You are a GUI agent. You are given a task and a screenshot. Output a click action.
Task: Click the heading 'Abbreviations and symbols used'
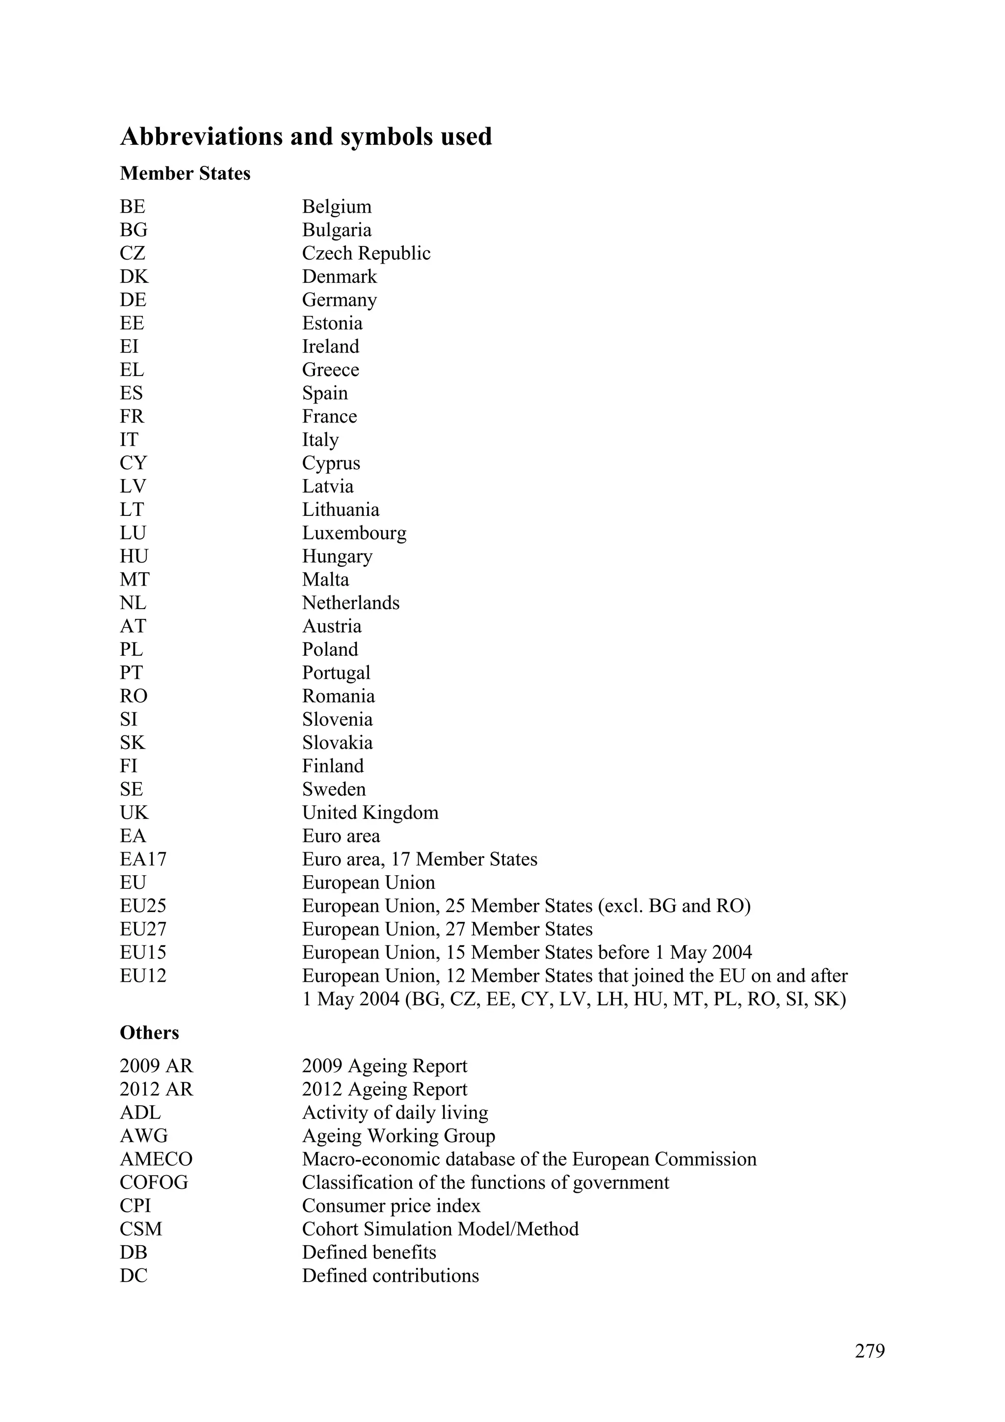click(306, 137)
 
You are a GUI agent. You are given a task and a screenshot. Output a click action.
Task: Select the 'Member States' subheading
click(185, 173)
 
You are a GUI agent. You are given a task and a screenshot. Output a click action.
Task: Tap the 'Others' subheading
click(149, 1032)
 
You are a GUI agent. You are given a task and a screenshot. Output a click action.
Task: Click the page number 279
click(870, 1350)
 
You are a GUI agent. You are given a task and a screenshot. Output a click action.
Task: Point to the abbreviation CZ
click(132, 253)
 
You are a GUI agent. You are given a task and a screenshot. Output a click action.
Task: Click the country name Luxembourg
click(354, 533)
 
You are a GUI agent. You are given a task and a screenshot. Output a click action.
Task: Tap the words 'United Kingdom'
click(370, 812)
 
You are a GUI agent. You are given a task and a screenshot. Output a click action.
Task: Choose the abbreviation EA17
click(143, 859)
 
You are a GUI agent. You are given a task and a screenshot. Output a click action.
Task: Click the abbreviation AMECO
click(156, 1159)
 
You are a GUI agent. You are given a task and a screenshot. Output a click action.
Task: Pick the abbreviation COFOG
click(154, 1182)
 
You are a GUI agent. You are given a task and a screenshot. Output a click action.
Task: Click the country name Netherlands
click(350, 603)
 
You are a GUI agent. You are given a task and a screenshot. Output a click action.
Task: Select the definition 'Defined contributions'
click(390, 1275)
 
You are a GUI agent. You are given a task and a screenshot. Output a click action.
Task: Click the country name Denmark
click(339, 276)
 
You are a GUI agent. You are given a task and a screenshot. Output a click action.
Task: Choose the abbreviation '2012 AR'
click(156, 1089)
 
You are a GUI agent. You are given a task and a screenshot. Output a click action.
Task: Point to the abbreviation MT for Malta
click(134, 580)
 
